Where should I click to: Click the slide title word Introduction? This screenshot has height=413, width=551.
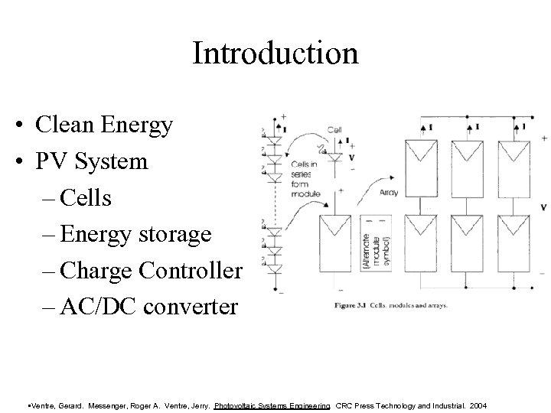(x=275, y=54)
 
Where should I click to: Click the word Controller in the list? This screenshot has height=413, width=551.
(x=197, y=271)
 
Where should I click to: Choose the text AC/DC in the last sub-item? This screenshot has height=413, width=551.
(x=94, y=307)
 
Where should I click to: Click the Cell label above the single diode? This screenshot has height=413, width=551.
(x=335, y=131)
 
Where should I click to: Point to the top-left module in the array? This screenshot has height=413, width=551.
(x=424, y=163)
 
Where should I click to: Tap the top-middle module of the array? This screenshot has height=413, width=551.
(x=469, y=163)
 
